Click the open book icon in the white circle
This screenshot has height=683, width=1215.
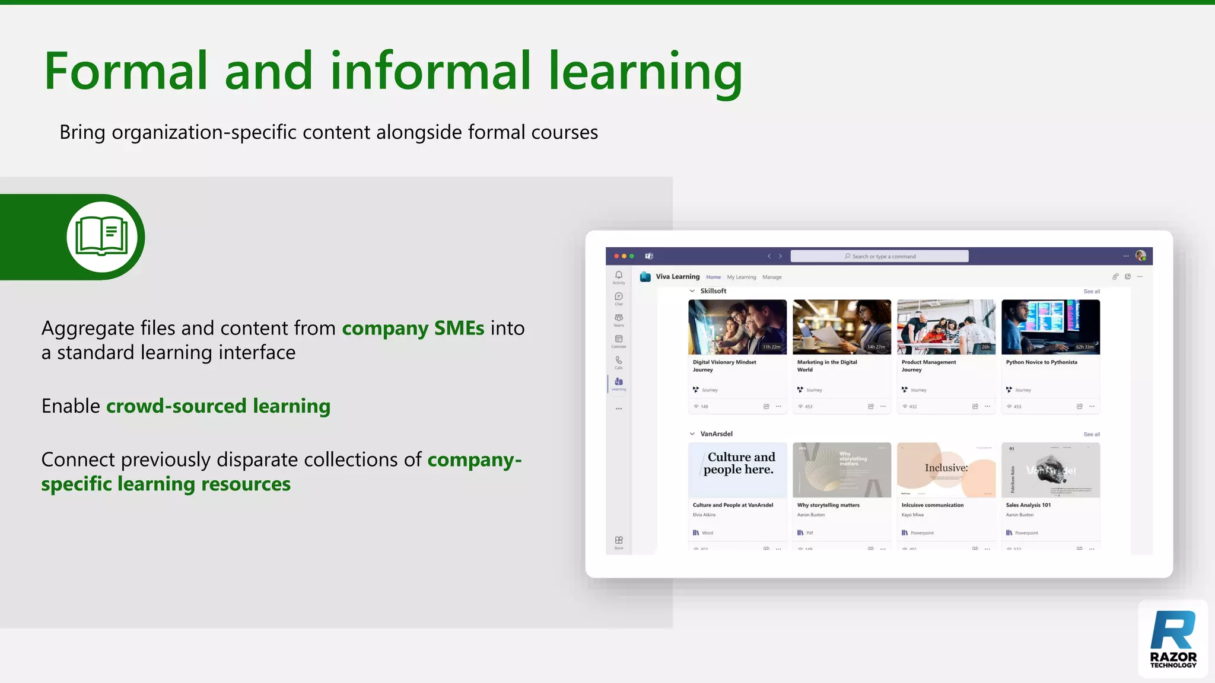(102, 237)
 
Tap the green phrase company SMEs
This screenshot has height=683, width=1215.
(413, 328)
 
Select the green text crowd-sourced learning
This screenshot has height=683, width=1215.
(218, 406)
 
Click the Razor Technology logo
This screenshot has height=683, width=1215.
(1173, 639)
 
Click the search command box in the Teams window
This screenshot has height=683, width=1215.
(879, 256)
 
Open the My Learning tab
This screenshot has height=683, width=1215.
(741, 277)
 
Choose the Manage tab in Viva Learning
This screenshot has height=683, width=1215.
(772, 277)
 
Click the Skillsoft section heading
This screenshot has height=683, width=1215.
(713, 291)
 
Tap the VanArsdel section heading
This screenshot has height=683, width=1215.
(716, 434)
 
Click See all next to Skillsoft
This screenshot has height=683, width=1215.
(1091, 292)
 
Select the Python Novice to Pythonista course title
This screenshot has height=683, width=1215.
(1041, 362)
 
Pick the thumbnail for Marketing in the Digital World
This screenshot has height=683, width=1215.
(841, 327)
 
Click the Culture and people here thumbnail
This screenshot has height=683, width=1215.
(737, 470)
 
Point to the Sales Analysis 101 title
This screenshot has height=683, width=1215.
(1028, 505)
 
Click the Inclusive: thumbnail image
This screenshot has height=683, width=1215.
(946, 470)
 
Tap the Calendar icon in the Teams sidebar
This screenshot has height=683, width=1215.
(619, 339)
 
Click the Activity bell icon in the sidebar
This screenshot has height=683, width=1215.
(619, 275)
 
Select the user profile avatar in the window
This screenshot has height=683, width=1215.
(1140, 256)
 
